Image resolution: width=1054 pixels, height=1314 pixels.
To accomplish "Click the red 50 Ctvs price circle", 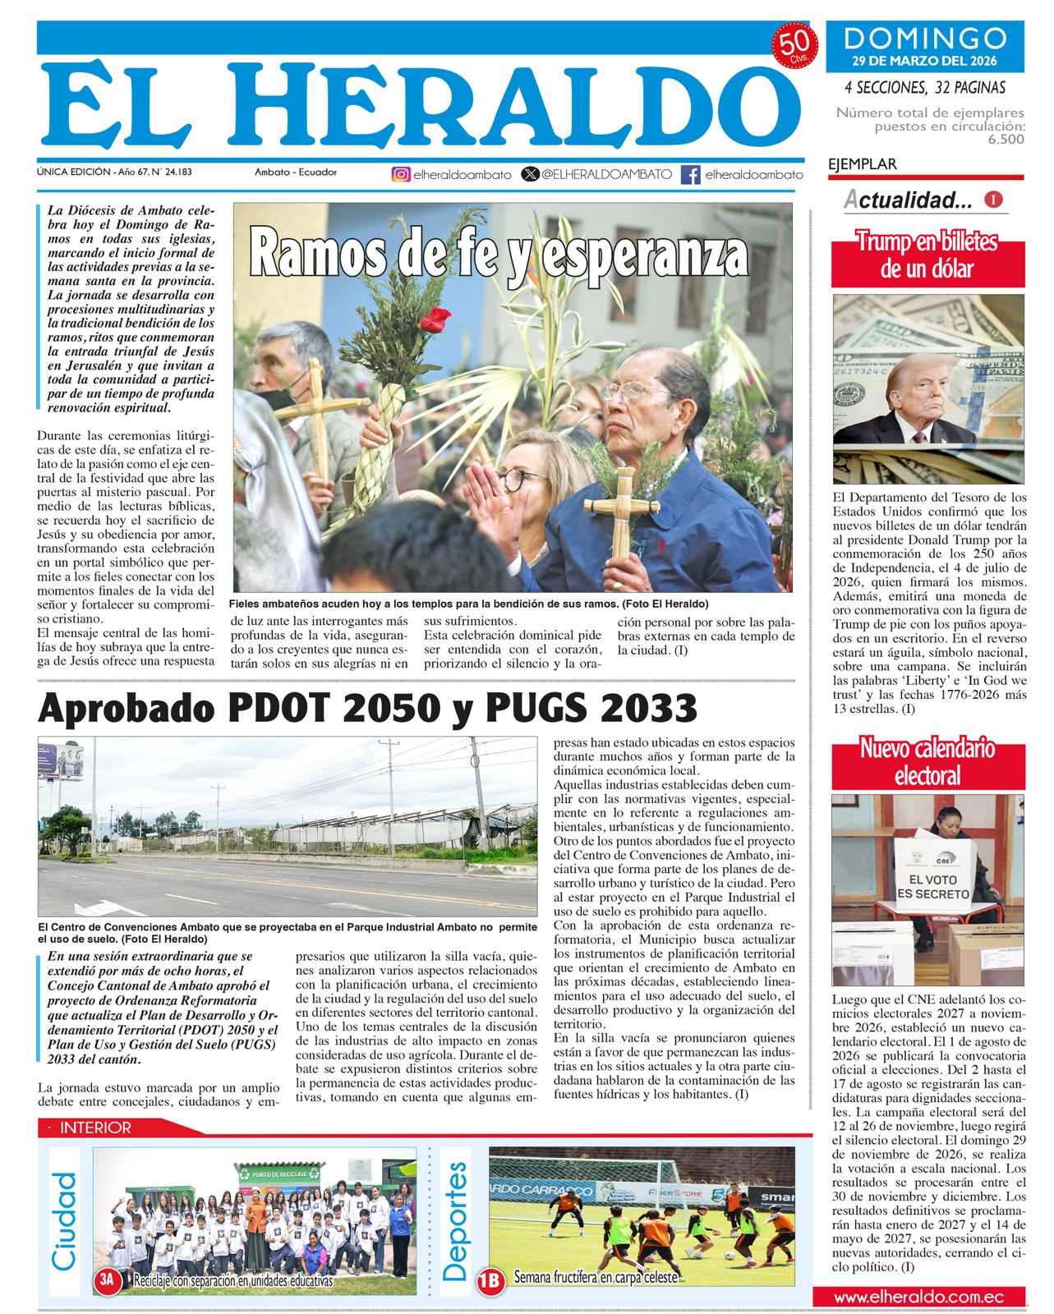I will coord(793,46).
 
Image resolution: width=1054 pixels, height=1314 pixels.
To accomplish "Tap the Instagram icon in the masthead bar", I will coord(400,174).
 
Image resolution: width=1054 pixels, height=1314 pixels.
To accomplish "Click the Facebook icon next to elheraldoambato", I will coord(691,174).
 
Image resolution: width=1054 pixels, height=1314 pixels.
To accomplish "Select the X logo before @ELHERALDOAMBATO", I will coord(531,174).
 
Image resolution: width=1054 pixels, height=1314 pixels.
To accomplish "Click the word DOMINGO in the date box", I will coord(925,39).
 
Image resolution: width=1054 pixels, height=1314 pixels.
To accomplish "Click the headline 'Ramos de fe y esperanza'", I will coord(499,254).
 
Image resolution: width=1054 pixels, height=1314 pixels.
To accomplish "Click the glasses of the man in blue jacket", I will coord(633,391).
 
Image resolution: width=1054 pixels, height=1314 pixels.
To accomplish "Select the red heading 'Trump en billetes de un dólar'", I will coord(927,255).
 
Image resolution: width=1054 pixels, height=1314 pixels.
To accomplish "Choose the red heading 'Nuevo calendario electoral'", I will coord(927,761).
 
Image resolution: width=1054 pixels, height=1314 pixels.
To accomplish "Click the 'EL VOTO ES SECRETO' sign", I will coord(932,886).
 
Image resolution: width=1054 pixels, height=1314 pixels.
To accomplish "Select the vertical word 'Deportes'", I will coord(454,1221).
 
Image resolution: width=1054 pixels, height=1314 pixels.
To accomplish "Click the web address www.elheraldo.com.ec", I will coord(918,1297).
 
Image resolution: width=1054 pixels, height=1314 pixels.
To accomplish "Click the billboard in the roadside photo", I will coord(62,760).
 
